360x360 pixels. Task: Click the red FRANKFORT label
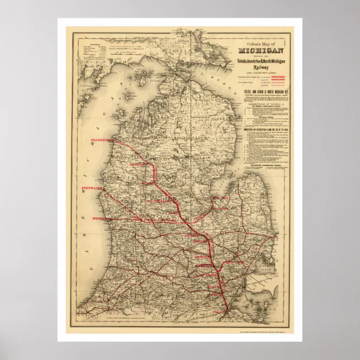tap(101, 141)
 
